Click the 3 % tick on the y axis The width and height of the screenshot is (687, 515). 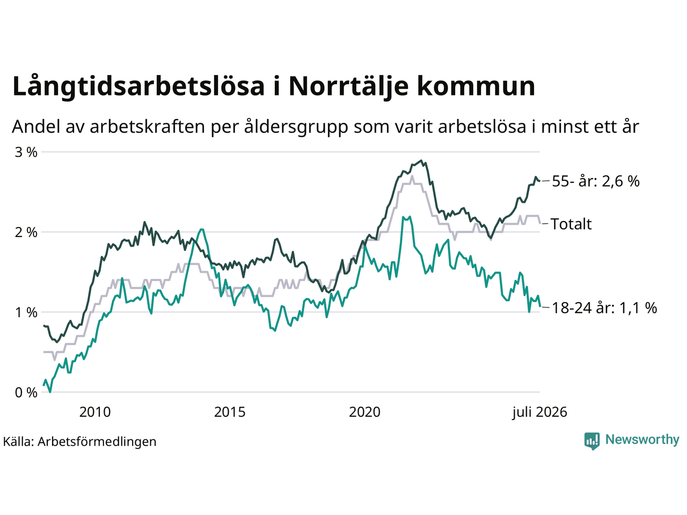(26, 152)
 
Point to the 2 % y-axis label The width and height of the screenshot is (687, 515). (26, 232)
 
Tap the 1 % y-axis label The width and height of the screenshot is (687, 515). (26, 312)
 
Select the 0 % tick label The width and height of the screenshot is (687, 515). (26, 393)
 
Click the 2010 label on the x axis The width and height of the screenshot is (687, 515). (95, 412)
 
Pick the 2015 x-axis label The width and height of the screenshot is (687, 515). (230, 412)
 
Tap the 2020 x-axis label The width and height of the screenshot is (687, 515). (364, 412)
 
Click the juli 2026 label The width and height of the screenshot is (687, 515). (539, 412)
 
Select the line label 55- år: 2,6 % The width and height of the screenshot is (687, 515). (596, 181)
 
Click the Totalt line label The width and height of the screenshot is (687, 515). (571, 224)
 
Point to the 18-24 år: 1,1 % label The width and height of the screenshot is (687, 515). (604, 308)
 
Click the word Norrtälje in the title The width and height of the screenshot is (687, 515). (349, 86)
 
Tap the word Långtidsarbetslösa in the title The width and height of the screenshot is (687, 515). (138, 86)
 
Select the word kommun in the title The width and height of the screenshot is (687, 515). (476, 86)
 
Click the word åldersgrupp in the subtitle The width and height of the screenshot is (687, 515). (296, 127)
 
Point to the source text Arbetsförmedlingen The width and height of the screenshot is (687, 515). (97, 442)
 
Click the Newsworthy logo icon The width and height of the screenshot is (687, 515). (592, 441)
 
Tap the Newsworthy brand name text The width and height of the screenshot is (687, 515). (642, 439)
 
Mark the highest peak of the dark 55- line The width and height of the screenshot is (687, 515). (421, 161)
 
